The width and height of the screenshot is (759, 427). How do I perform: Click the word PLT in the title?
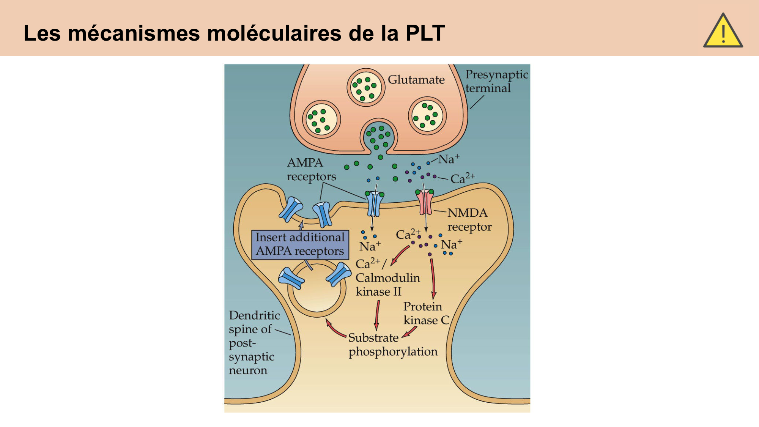pyautogui.click(x=425, y=33)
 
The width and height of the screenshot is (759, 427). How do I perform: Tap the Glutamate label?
pyautogui.click(x=416, y=80)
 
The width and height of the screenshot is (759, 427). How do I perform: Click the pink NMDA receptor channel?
pyautogui.click(x=425, y=202)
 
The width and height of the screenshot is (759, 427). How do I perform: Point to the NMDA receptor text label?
pyautogui.click(x=469, y=220)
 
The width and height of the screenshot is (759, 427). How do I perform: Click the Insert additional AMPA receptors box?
pyautogui.click(x=300, y=244)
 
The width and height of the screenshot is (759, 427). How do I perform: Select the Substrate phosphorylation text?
pyautogui.click(x=392, y=345)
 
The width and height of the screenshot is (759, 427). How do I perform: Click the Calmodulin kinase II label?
pyautogui.click(x=387, y=278)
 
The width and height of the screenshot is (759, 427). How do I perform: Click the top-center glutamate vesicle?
pyautogui.click(x=366, y=87)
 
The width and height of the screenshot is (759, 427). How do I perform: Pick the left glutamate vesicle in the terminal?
pyautogui.click(x=321, y=120)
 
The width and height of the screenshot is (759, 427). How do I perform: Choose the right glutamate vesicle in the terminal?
pyautogui.click(x=427, y=116)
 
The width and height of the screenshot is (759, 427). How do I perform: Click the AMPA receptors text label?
pyautogui.click(x=311, y=170)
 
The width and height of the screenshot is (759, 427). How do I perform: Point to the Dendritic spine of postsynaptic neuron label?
pyautogui.click(x=254, y=342)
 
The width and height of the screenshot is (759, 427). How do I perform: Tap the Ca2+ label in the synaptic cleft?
pyautogui.click(x=462, y=178)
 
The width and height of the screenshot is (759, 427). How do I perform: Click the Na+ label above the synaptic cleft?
pyautogui.click(x=449, y=159)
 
